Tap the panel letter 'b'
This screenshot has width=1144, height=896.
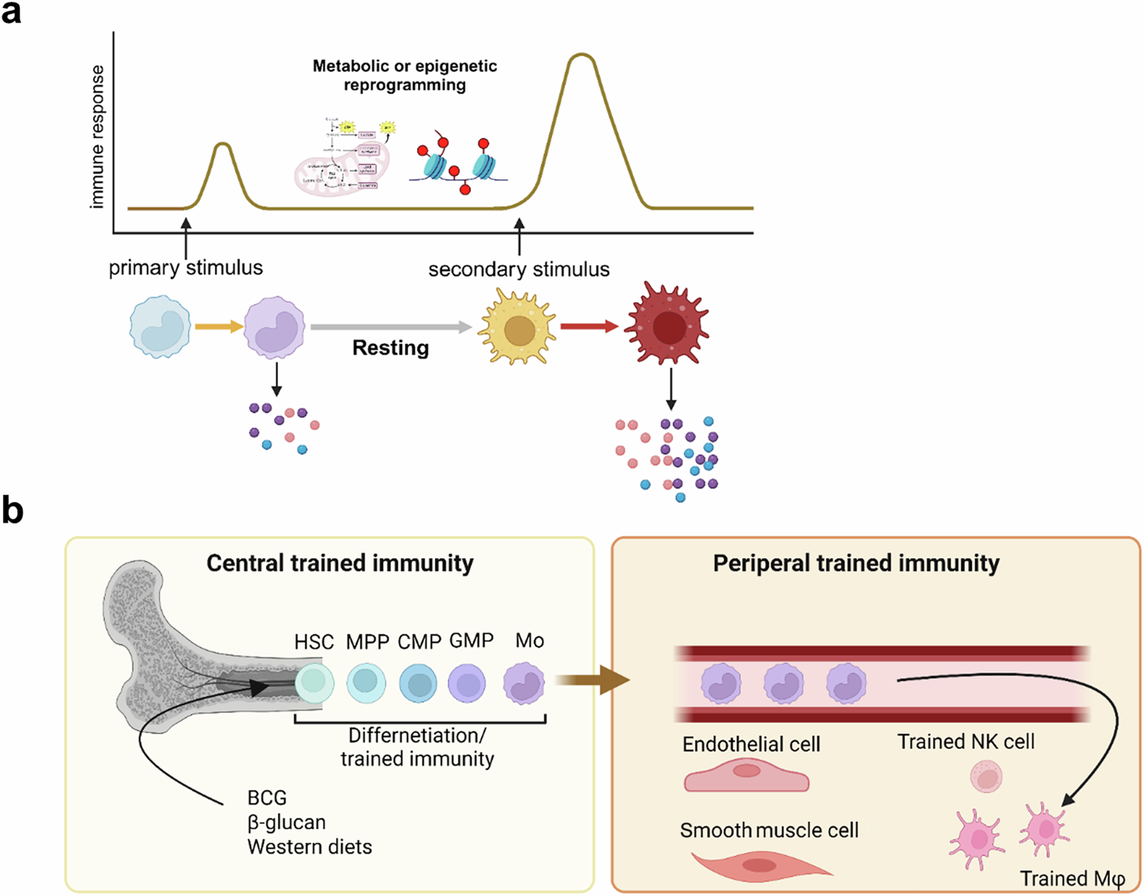12,510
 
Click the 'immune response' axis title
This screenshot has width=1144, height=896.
97,137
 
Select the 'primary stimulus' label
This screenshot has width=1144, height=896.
186,267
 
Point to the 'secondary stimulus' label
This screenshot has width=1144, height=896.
518,269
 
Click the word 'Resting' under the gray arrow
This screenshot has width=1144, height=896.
390,348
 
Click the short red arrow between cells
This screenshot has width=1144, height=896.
588,326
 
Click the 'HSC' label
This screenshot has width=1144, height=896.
314,642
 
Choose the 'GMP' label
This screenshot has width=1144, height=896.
471,640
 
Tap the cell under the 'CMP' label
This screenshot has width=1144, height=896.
418,683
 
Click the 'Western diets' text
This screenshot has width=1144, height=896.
309,847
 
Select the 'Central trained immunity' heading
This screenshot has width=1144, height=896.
340,563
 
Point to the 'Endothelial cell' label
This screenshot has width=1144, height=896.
751,744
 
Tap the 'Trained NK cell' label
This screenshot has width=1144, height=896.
966,742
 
